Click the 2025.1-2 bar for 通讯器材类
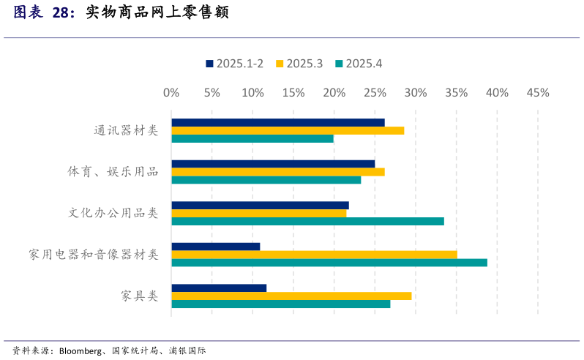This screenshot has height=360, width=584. [278, 122]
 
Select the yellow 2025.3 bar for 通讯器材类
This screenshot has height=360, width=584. [288, 130]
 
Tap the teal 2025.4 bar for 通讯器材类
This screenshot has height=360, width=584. [252, 138]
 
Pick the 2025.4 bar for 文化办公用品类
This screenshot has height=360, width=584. [307, 221]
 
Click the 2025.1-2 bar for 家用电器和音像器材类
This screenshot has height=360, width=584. [216, 247]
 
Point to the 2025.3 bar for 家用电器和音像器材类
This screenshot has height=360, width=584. [314, 255]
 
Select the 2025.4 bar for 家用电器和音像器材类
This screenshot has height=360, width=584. [329, 263]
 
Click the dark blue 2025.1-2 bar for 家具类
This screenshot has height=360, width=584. [219, 288]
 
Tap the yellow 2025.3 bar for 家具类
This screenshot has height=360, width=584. [291, 296]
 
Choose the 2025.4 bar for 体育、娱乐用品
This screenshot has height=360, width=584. [266, 180]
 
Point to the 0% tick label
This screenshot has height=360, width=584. [171, 93]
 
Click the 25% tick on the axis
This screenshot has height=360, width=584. [375, 93]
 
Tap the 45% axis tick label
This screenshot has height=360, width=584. [538, 93]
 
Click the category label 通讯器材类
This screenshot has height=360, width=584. [126, 130]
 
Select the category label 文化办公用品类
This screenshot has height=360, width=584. [113, 213]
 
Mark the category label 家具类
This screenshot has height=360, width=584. [140, 296]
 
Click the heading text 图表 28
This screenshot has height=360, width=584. [44, 12]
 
